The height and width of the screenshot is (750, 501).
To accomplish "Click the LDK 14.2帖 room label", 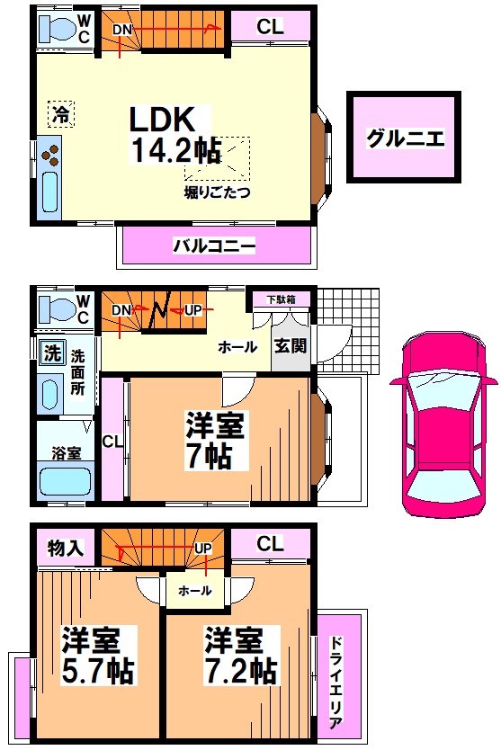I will click(176, 135).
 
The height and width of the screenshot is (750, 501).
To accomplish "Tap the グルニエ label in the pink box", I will click(405, 138).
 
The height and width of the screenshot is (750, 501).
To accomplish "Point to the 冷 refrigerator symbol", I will click(58, 114).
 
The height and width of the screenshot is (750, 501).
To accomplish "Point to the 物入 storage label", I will click(66, 546).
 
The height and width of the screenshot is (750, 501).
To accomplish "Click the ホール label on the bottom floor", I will click(195, 591).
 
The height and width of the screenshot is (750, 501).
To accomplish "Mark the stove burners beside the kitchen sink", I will click(52, 156).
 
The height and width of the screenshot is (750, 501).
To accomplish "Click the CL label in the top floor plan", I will click(270, 27).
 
